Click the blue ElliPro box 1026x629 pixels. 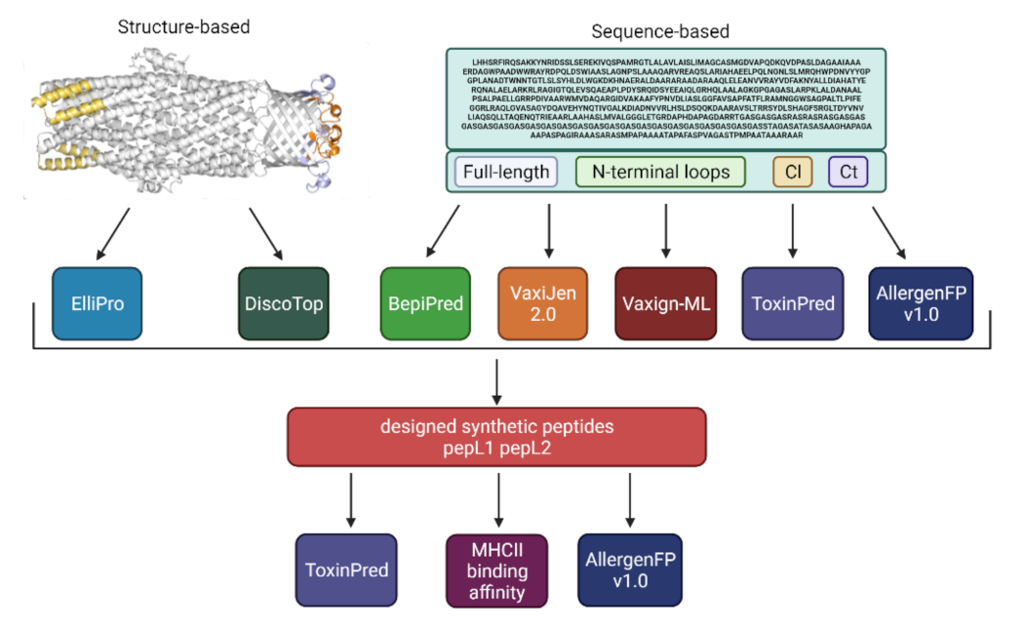97,303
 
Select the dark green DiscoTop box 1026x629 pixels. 283,303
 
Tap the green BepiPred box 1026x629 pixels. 423,303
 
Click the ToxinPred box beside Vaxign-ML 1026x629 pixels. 793,303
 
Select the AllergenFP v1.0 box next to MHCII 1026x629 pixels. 629,570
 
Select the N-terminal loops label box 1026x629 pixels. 660,173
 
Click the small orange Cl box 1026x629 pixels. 792,173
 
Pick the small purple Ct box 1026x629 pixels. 848,173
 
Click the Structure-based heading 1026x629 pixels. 183,27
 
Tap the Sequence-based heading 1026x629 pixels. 660,31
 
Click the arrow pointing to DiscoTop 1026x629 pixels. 265,235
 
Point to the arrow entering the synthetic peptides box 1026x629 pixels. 497,383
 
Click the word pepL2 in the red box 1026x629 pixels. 532,448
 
